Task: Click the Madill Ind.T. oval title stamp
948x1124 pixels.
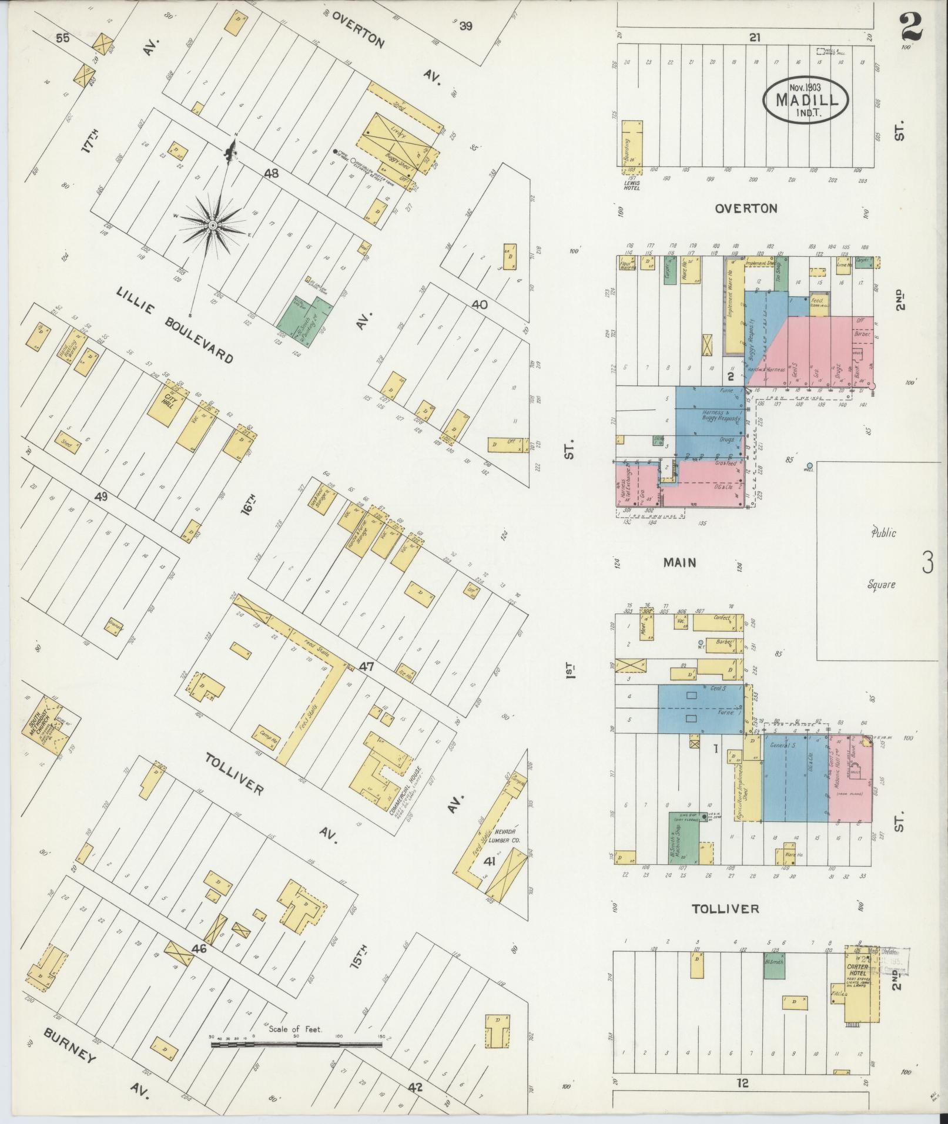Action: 806,100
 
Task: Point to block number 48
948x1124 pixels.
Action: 271,173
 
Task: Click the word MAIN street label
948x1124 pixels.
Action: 679,562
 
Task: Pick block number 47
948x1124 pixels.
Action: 367,667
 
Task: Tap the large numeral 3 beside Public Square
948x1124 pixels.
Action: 927,563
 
